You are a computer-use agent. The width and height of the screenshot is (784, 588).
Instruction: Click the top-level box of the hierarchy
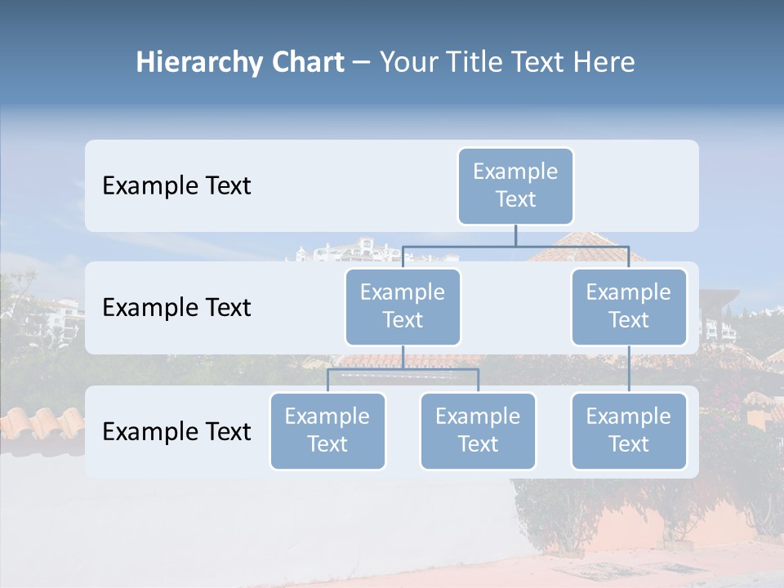click(515, 185)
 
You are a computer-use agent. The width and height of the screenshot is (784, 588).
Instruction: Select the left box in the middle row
click(403, 306)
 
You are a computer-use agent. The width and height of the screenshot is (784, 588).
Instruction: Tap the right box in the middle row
click(629, 306)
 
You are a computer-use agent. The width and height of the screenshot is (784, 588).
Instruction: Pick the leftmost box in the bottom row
click(327, 430)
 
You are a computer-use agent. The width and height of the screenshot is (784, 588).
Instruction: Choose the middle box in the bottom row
click(478, 430)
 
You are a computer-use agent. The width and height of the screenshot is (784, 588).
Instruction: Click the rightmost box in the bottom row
click(629, 430)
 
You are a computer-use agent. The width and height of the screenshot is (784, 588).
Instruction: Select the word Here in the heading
click(605, 63)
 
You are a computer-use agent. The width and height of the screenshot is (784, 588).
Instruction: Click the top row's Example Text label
click(176, 186)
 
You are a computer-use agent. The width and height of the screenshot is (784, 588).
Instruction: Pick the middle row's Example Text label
click(176, 308)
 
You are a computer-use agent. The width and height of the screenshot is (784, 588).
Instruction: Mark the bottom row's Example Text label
click(176, 432)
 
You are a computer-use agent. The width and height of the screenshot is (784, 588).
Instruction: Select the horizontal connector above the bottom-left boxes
click(403, 369)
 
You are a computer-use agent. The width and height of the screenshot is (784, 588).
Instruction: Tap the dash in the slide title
click(361, 63)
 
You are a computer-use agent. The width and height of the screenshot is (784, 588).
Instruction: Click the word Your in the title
click(408, 63)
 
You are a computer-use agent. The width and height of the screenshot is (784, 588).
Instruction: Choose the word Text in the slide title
click(536, 63)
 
